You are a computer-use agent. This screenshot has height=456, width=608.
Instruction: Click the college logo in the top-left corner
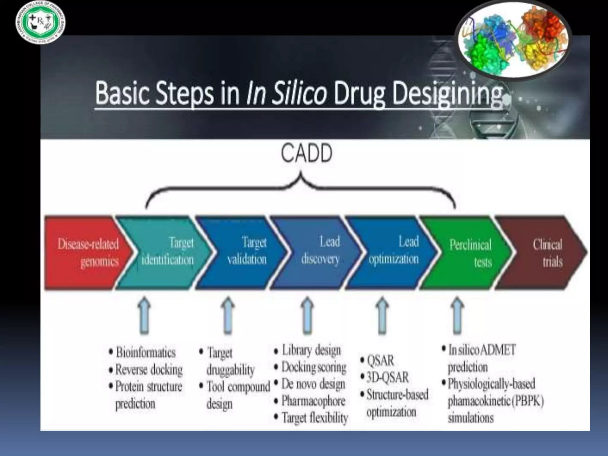click(x=41, y=23)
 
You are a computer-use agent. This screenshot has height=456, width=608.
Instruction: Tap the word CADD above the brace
click(x=306, y=153)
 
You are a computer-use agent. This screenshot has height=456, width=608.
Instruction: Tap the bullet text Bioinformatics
click(x=145, y=352)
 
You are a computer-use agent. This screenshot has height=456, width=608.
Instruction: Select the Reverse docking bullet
click(x=149, y=370)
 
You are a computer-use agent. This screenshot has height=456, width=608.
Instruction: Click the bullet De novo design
click(x=313, y=384)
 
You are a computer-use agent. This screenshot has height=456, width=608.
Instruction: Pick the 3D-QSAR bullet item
click(x=387, y=377)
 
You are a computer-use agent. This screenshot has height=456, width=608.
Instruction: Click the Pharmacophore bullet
click(x=313, y=401)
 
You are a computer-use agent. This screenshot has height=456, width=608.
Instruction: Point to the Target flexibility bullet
click(x=314, y=418)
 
